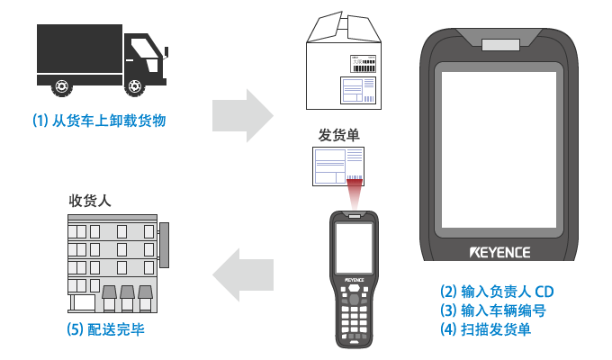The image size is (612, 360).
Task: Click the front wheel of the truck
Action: (x=136, y=86)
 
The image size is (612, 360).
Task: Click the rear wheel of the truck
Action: (x=60, y=86)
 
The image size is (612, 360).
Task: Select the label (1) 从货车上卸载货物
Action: (x=99, y=120)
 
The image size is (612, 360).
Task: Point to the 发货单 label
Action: (x=338, y=135)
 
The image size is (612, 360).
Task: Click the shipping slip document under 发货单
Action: (x=338, y=166)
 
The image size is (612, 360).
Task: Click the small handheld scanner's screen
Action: (x=353, y=247)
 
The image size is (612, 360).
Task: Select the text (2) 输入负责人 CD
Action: (x=495, y=291)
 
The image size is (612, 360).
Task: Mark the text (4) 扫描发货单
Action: (x=485, y=330)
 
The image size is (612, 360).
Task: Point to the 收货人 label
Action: (x=90, y=201)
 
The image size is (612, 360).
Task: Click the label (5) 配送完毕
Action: (x=105, y=328)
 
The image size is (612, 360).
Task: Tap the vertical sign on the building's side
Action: (x=164, y=245)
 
